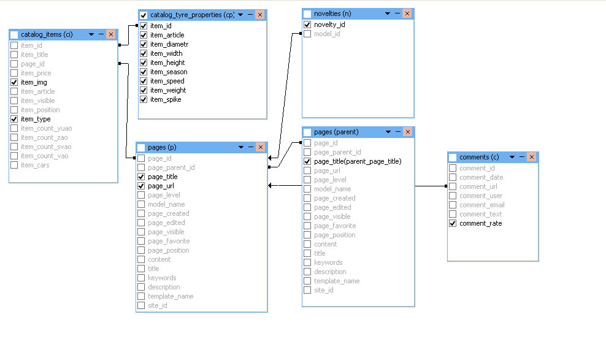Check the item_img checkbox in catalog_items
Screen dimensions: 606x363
click(x=14, y=82)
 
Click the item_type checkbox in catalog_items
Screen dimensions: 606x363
click(x=14, y=119)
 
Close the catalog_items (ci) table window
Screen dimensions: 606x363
click(x=111, y=34)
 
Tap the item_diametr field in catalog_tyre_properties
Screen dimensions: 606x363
click(x=169, y=44)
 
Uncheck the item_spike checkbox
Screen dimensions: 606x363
click(x=144, y=99)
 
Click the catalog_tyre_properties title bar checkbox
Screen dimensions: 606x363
click(x=144, y=15)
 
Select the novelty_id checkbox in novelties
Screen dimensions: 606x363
click(x=307, y=25)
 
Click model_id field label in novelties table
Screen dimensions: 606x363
click(x=327, y=34)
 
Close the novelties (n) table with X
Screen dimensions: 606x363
click(x=407, y=13)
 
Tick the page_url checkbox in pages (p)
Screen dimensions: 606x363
click(x=141, y=186)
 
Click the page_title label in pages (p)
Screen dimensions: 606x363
click(x=163, y=177)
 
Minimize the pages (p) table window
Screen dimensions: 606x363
click(x=251, y=147)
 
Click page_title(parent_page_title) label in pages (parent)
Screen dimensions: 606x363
click(x=358, y=161)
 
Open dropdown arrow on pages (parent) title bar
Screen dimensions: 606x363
click(x=388, y=132)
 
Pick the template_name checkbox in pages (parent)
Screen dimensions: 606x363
click(x=307, y=281)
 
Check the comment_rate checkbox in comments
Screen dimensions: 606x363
click(x=453, y=223)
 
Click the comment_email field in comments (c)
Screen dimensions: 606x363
click(x=482, y=205)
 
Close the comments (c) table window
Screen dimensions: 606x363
click(x=532, y=157)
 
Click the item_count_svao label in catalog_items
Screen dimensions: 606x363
click(x=46, y=147)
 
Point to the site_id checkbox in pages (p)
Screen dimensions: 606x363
click(x=141, y=305)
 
